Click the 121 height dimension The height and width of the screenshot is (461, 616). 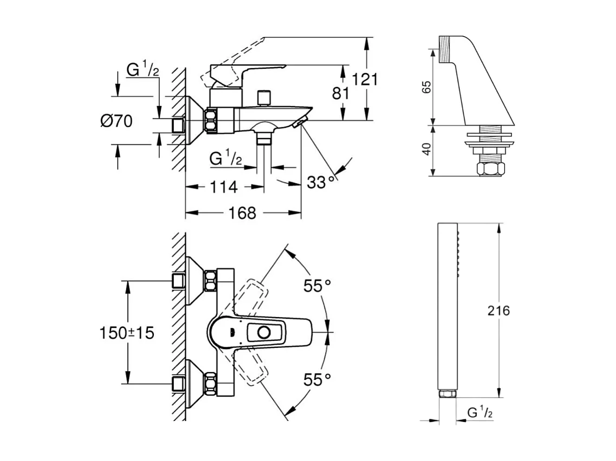click(364, 80)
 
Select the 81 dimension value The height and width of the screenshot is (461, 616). click(341, 94)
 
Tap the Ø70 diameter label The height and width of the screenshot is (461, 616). click(116, 122)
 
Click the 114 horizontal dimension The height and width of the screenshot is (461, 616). click(223, 187)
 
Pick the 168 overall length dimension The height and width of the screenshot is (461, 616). click(242, 213)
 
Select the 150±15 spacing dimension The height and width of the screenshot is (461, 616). click(126, 333)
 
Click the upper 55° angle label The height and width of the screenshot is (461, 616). click(317, 286)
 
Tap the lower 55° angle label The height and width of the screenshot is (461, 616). click(317, 380)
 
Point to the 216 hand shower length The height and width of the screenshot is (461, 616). click(498, 311)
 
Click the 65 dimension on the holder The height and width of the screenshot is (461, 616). click(426, 87)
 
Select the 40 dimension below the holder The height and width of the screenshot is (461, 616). click(426, 149)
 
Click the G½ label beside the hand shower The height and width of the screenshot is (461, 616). click(480, 413)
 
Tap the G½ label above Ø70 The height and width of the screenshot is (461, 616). click(142, 70)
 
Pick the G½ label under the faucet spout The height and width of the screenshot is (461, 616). click(225, 159)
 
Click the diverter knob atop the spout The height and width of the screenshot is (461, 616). click(264, 97)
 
